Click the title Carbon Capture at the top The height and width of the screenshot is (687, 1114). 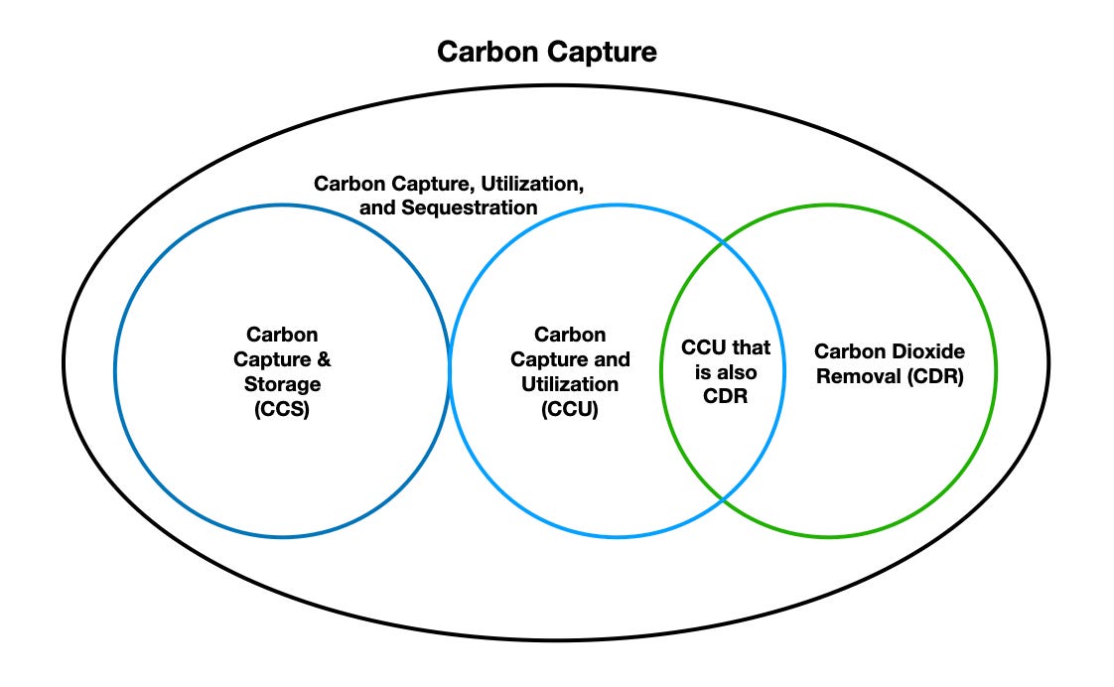pos(547,53)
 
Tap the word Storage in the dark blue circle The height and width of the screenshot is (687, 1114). pos(283,383)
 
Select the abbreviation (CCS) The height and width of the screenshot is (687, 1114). pos(283,408)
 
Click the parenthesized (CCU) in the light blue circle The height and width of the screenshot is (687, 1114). pos(570,408)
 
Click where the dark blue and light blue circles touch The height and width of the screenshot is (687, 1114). pos(450,370)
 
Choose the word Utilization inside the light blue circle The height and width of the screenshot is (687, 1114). pos(570,383)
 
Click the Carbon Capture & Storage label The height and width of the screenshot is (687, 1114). pos(283,371)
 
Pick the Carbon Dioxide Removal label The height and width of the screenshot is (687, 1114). pos(889,363)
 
